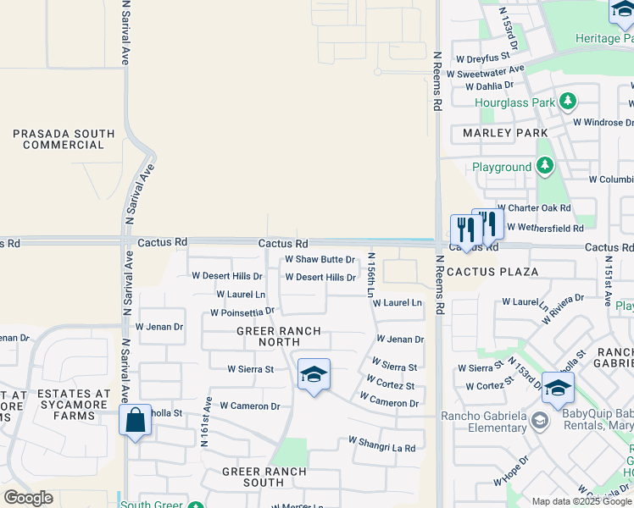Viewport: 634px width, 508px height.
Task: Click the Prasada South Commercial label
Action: click(64, 140)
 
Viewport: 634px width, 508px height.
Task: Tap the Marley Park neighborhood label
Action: click(505, 133)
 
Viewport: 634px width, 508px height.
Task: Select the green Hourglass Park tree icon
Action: click(568, 102)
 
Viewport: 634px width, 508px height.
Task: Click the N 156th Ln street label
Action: click(371, 274)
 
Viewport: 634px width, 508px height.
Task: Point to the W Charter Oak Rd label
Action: click(534, 207)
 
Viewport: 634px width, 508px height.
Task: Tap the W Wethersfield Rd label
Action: click(545, 228)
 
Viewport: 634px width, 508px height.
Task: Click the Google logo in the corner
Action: click(29, 498)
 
